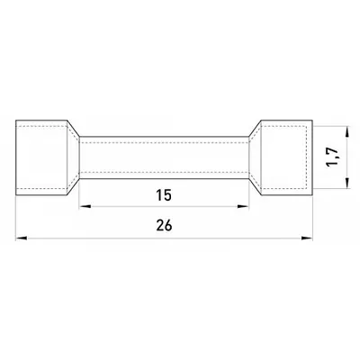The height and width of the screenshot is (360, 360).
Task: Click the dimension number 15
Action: click(x=164, y=195)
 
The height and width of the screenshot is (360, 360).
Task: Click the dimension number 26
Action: click(x=164, y=225)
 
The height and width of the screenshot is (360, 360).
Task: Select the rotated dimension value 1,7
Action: click(x=333, y=157)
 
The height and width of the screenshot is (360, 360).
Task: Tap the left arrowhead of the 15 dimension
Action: click(x=85, y=206)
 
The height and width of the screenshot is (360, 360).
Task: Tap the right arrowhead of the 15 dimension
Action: click(x=243, y=206)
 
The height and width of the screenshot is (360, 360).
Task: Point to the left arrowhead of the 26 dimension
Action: click(x=22, y=238)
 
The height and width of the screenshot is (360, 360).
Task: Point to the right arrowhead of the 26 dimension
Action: click(x=307, y=238)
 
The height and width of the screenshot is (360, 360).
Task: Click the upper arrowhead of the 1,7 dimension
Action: click(x=347, y=132)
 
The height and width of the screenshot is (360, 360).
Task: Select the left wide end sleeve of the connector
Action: click(x=41, y=158)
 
